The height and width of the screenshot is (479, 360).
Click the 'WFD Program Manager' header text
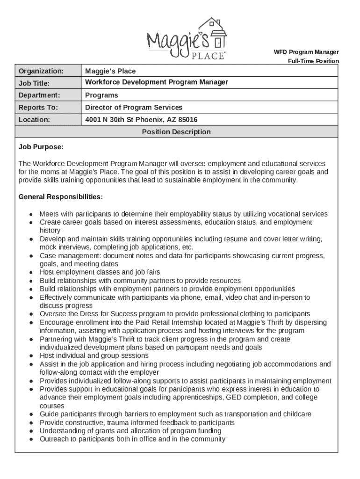(306, 52)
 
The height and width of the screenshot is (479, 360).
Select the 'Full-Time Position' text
(313, 61)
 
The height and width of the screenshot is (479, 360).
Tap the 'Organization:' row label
(41, 71)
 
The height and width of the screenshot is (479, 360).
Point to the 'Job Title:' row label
(34, 83)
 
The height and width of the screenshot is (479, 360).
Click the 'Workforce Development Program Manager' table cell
(156, 82)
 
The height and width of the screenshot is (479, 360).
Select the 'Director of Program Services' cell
(133, 108)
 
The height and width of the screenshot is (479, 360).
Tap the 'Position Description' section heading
(176, 132)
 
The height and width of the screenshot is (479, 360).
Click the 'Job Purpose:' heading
(41, 147)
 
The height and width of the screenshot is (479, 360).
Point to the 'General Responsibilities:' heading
(60, 196)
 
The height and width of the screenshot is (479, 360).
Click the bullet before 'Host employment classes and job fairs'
(30, 273)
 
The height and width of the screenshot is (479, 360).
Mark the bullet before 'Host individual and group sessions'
(30, 356)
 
